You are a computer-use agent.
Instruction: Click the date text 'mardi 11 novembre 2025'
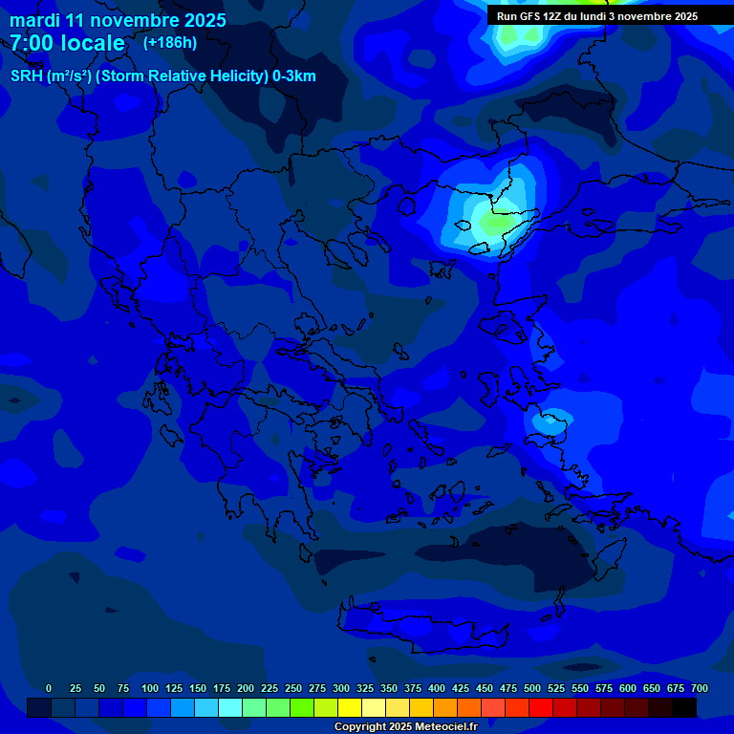click(x=119, y=20)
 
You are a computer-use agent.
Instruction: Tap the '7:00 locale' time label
click(x=68, y=43)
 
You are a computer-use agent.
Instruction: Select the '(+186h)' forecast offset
click(x=169, y=43)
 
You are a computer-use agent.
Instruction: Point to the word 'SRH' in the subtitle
click(x=26, y=76)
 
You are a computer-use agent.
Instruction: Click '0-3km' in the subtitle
click(x=293, y=76)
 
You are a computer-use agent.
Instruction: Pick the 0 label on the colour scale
click(x=49, y=689)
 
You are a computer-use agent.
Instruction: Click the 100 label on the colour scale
click(x=150, y=689)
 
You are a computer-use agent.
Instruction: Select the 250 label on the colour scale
click(x=293, y=689)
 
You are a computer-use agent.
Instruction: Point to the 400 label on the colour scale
click(x=437, y=689)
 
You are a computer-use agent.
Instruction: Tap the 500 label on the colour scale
click(x=532, y=689)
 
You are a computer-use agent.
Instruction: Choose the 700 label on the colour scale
click(x=700, y=689)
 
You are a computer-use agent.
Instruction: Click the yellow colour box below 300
click(x=350, y=707)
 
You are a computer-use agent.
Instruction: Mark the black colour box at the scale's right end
click(x=684, y=707)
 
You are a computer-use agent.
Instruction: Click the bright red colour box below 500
click(x=541, y=707)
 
